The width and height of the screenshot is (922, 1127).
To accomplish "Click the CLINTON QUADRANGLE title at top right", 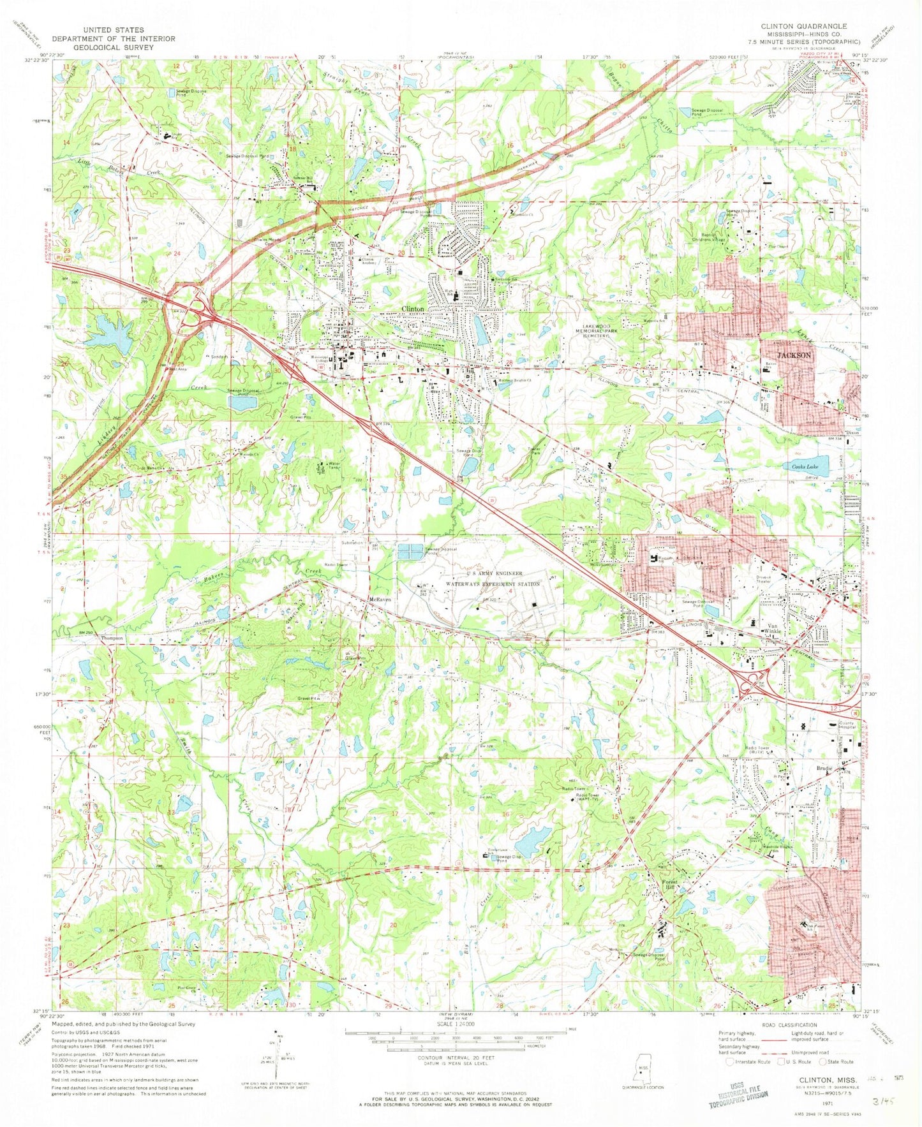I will [802, 26].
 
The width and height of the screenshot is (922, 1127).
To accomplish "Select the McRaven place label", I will [379, 600].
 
